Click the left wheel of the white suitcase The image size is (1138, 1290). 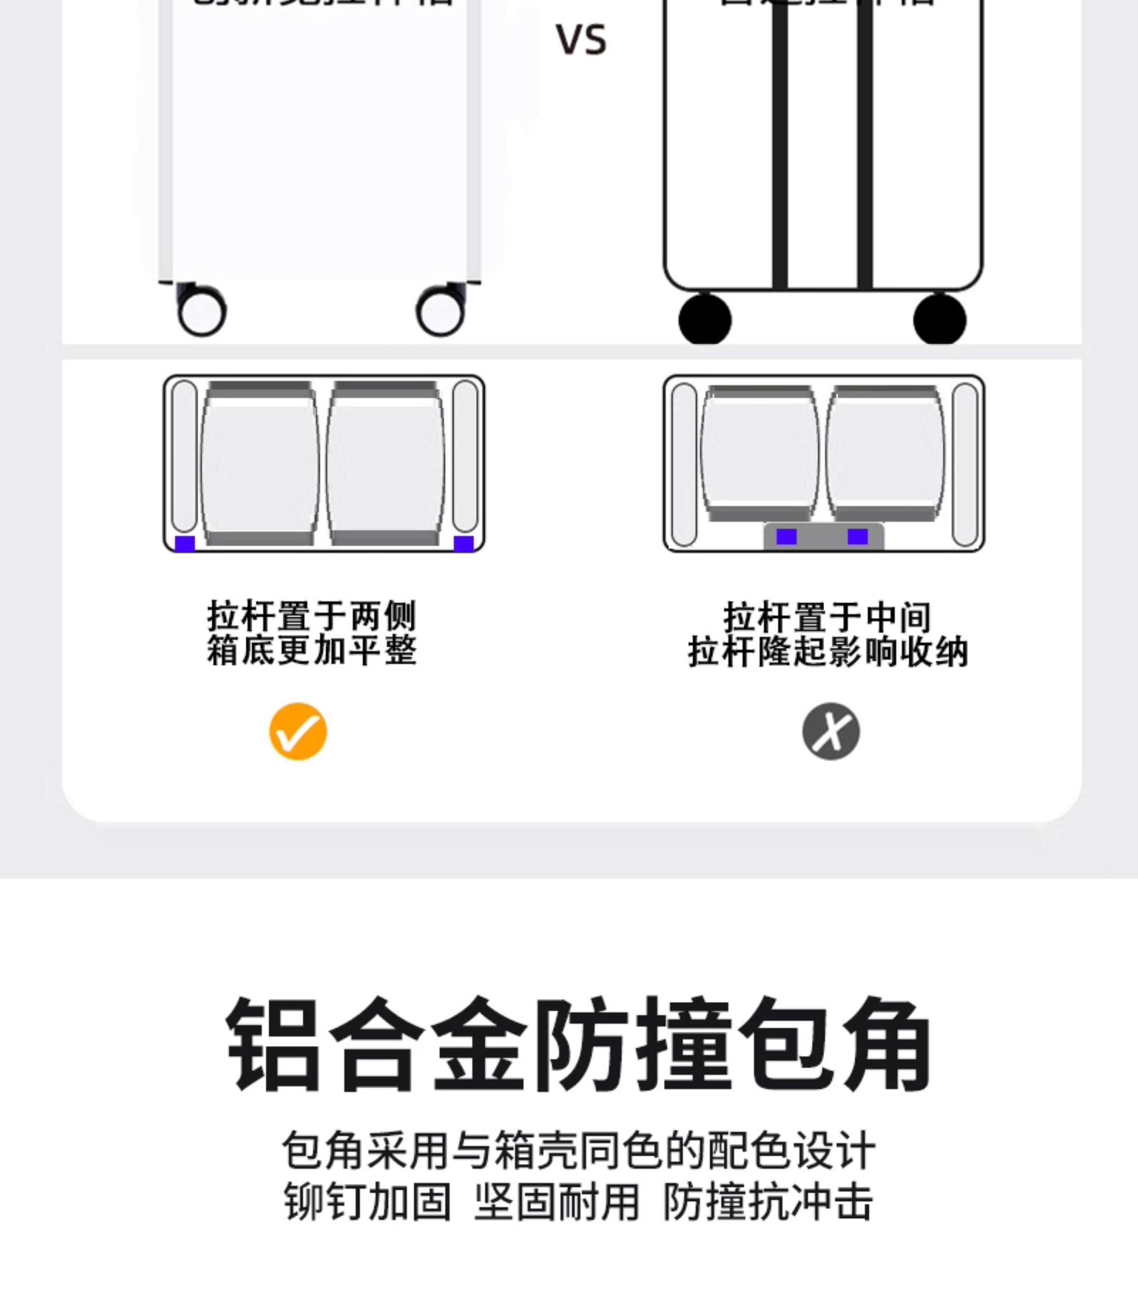[x=202, y=311]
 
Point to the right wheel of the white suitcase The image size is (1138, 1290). [x=440, y=311]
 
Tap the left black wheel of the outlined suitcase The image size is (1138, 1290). [x=705, y=319]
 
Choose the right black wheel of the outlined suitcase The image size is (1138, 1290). [x=939, y=319]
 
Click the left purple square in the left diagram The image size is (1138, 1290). [x=185, y=544]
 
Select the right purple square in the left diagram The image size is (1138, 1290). [x=463, y=544]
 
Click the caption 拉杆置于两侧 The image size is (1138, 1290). [x=312, y=615]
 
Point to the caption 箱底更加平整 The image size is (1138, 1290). [x=312, y=650]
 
